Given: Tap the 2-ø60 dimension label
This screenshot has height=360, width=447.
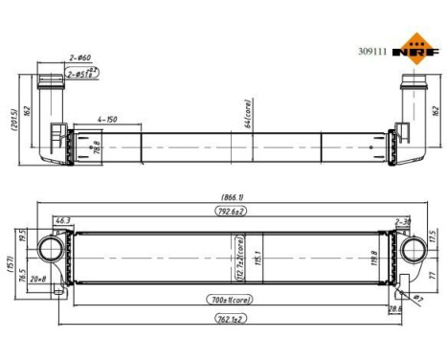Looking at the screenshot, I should [x=80, y=58].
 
